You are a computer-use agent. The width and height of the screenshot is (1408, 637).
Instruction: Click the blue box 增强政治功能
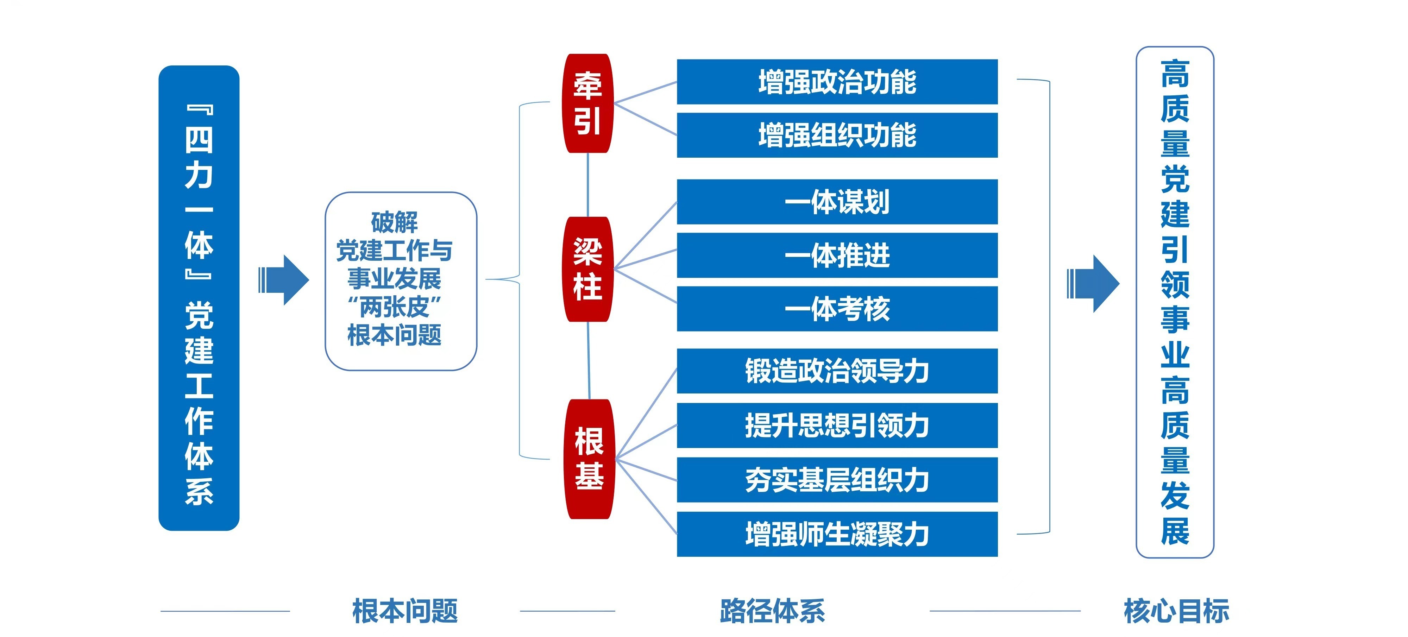pyautogui.click(x=837, y=82)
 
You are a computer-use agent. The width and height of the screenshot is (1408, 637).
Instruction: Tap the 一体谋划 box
pyautogui.click(x=837, y=202)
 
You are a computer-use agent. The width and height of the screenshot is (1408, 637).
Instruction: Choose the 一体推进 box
pyautogui.click(x=837, y=255)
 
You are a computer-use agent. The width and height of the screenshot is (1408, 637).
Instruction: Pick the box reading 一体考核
pyautogui.click(x=837, y=309)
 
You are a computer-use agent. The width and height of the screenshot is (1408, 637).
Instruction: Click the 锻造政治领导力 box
pyautogui.click(x=837, y=371)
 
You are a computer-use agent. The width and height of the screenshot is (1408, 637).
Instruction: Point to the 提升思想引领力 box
pyautogui.click(x=837, y=425)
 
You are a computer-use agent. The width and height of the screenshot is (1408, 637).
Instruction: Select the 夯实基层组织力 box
pyautogui.click(x=837, y=480)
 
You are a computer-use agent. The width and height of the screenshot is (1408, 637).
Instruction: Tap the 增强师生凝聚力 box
pyautogui.click(x=837, y=534)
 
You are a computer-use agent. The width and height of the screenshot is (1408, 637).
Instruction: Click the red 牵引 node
pyautogui.click(x=587, y=103)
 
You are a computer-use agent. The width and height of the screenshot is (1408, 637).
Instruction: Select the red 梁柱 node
pyautogui.click(x=587, y=269)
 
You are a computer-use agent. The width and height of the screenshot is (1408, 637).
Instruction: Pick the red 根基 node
pyautogui.click(x=589, y=459)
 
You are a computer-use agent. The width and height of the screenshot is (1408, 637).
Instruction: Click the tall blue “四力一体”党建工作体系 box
pyautogui.click(x=199, y=298)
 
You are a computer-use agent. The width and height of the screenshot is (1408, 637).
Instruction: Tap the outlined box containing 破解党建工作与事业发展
pyautogui.click(x=401, y=281)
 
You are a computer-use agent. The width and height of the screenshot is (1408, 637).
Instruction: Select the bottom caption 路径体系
pyautogui.click(x=772, y=611)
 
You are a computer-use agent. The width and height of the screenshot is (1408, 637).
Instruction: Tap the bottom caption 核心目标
pyautogui.click(x=1176, y=611)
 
